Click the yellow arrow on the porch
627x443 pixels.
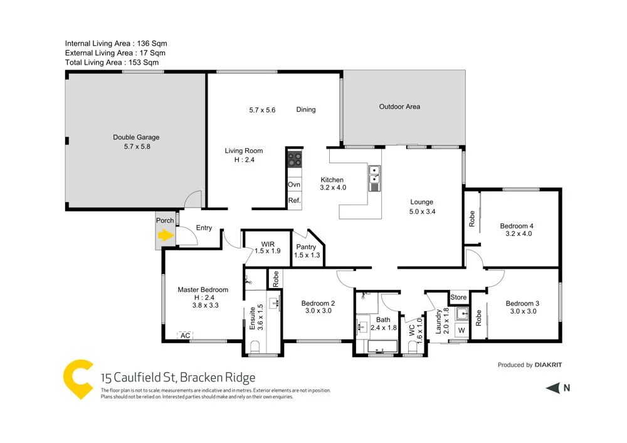pyautogui.click(x=165, y=236)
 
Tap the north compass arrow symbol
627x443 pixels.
pyautogui.click(x=552, y=388)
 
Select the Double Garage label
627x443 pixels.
pyautogui.click(x=136, y=137)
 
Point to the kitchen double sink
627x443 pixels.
pyautogui.click(x=374, y=178)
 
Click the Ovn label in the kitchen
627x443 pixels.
pyautogui.click(x=294, y=185)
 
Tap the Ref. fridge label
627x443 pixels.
pyautogui.click(x=294, y=201)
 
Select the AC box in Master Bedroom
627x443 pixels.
pyautogui.click(x=185, y=336)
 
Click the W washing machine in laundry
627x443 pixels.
pyautogui.click(x=461, y=330)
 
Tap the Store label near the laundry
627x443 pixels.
pyautogui.click(x=458, y=297)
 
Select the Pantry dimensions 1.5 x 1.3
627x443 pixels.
pyautogui.click(x=307, y=255)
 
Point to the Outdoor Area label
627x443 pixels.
pyautogui.click(x=399, y=107)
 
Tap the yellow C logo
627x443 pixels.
pyautogui.click(x=78, y=379)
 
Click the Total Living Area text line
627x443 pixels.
pyautogui.click(x=112, y=62)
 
